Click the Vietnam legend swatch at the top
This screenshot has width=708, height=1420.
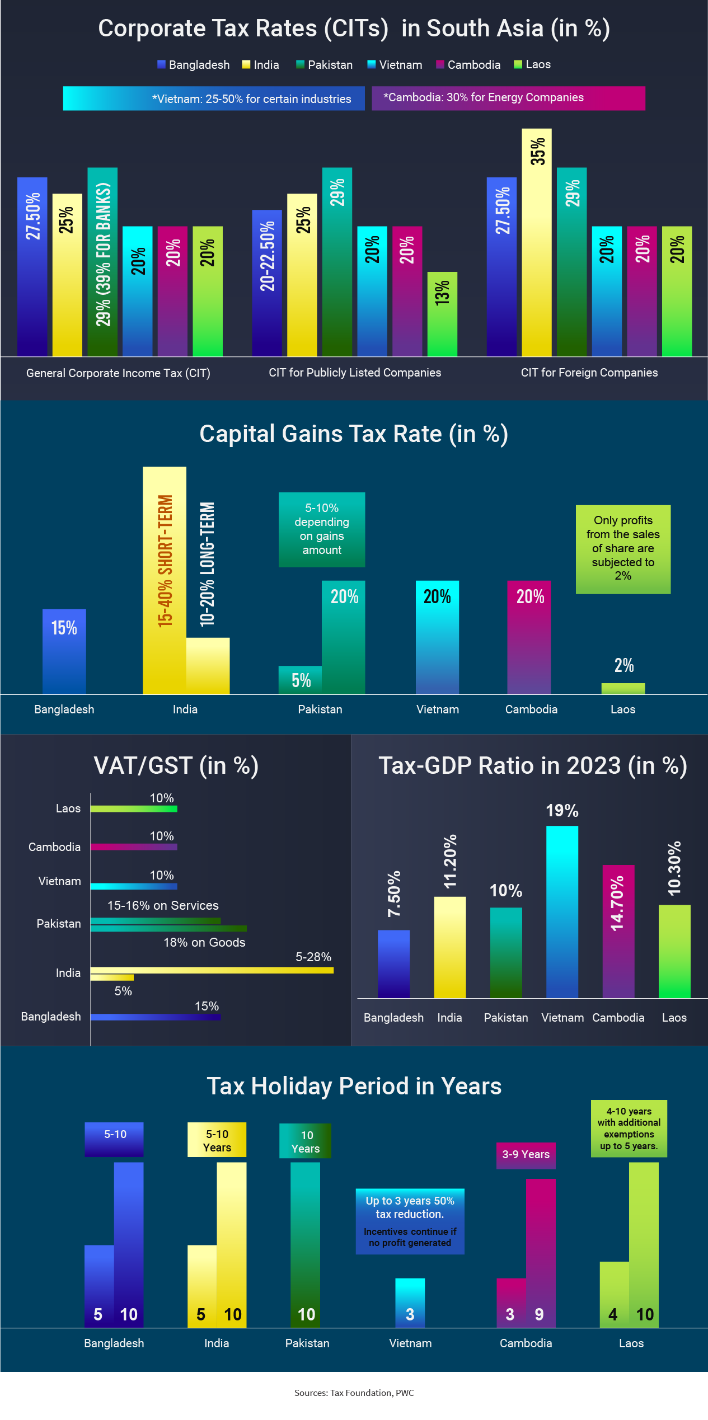[x=371, y=64]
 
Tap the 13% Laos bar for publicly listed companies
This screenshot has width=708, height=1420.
[x=442, y=314]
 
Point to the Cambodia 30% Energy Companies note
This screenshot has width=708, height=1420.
[x=508, y=98]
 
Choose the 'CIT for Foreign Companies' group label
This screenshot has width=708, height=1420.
[x=589, y=373]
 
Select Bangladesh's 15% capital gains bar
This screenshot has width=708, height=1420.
[x=64, y=651]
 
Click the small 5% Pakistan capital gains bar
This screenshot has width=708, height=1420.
[x=300, y=680]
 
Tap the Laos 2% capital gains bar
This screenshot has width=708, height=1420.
[x=623, y=689]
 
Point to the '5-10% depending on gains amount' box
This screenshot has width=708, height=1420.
[x=322, y=529]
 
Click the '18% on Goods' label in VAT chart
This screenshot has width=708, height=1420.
[x=204, y=943]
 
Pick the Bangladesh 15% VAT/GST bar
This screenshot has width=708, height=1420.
[x=156, y=1017]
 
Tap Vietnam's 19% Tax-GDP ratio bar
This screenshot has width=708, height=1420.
[x=562, y=912]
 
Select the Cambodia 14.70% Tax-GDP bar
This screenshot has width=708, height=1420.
[x=618, y=932]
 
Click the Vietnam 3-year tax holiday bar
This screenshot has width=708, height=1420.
[x=410, y=1303]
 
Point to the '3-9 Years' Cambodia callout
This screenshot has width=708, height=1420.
[x=526, y=1155]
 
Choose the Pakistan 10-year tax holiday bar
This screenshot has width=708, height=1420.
[x=305, y=1245]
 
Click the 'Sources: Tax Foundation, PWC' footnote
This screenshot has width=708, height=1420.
[x=354, y=1393]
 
